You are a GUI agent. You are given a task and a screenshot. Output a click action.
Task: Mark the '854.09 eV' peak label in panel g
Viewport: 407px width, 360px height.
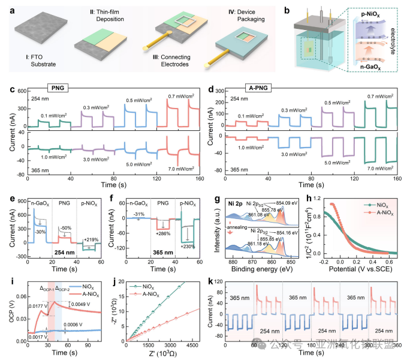281,202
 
